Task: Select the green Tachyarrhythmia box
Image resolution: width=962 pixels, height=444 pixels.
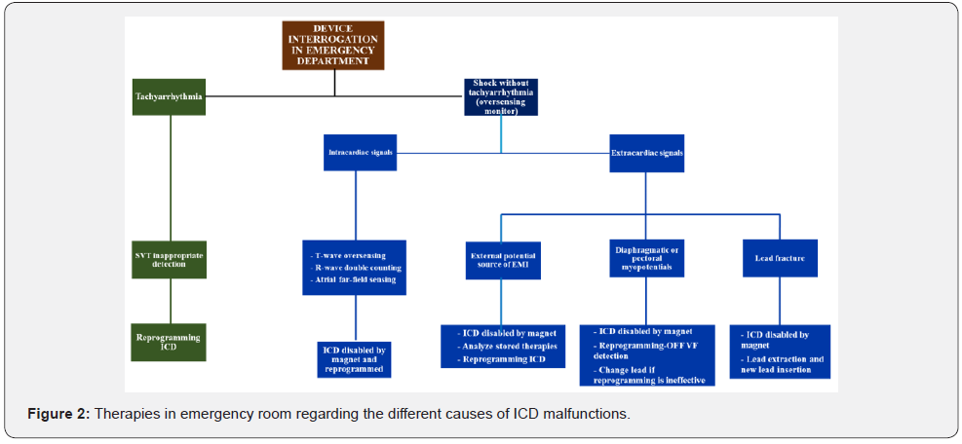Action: (x=169, y=97)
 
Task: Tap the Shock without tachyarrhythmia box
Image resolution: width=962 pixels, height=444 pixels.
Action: (x=501, y=96)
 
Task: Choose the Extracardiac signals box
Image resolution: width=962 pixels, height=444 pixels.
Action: (x=646, y=153)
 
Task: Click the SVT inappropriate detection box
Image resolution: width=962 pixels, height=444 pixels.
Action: (x=170, y=260)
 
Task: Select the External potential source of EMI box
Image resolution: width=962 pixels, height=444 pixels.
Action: (x=502, y=260)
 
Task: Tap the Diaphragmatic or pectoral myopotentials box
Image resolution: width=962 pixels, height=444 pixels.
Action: (x=645, y=260)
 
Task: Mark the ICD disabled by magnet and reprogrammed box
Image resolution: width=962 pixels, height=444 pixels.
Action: (x=355, y=359)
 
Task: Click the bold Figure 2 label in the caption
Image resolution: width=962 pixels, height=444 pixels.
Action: (x=60, y=414)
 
